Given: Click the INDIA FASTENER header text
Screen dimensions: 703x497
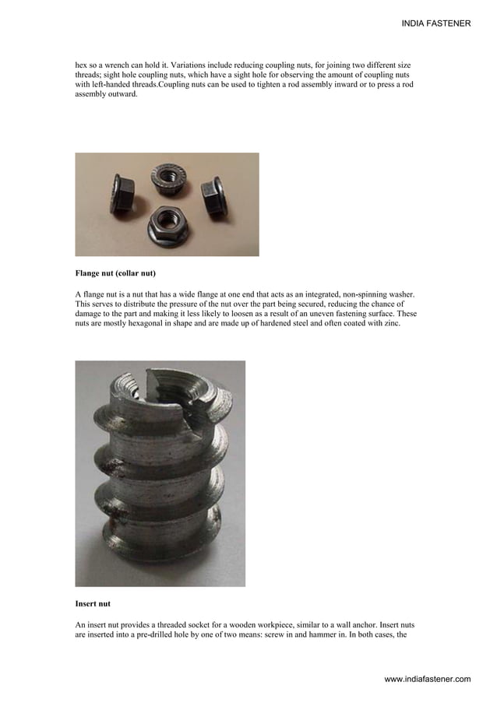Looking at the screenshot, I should (x=435, y=24).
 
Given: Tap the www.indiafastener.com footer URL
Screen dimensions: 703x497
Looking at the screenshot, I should (x=428, y=680).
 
